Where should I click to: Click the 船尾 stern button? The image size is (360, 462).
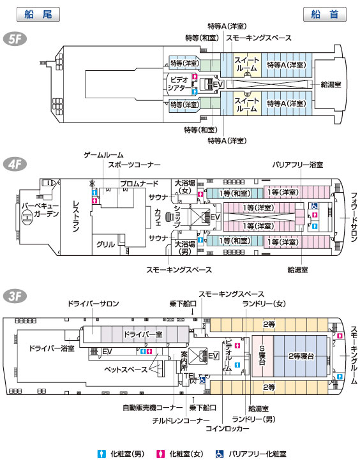pos(38,15)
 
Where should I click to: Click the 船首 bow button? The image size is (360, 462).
pos(325,15)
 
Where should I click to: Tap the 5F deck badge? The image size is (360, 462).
pos(15,39)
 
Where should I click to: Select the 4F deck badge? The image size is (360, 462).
pos(15,165)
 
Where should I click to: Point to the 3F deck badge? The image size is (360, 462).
pos(15,296)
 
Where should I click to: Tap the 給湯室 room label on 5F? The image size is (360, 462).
pos(331,85)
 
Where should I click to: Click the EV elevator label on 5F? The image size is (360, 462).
pos(218,85)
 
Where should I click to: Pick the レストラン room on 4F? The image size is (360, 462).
pos(76,216)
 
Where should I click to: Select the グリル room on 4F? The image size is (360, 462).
pos(105,244)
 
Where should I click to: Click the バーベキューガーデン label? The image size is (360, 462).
pos(40,210)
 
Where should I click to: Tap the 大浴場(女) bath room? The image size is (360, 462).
pos(185,187)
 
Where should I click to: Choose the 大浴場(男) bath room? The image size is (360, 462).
pos(185,248)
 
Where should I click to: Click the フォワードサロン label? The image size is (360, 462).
pos(354,217)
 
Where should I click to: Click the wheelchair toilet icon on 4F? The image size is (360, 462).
pos(315,205)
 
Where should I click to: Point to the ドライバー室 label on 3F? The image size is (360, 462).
pos(143,334)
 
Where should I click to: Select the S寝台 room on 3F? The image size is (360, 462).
pos(262,356)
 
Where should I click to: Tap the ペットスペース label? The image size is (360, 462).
pos(126,369)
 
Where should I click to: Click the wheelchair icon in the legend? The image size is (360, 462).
pos(220,454)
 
